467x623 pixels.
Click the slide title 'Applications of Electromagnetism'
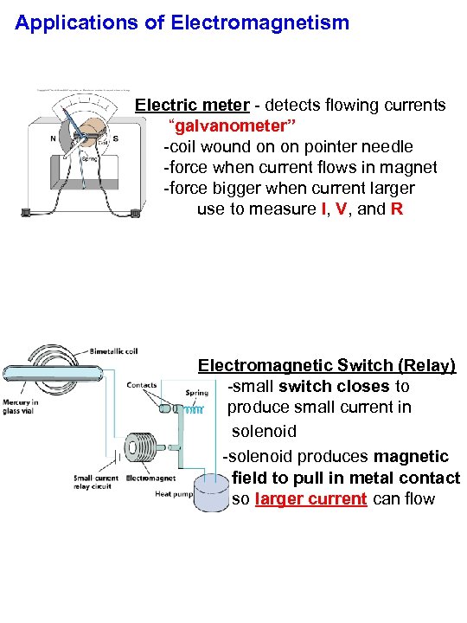coord(182,22)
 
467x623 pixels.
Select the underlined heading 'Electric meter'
coord(192,106)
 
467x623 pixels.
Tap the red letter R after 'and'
coord(396,209)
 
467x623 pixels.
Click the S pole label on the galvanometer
coord(116,138)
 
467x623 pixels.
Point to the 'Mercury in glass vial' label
coord(20,407)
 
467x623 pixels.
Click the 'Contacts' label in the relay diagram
coord(141,385)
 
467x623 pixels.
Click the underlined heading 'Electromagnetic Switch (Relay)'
coord(326,365)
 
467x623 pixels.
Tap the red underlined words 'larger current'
coord(311,499)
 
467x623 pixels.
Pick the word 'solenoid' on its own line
coord(264,431)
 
